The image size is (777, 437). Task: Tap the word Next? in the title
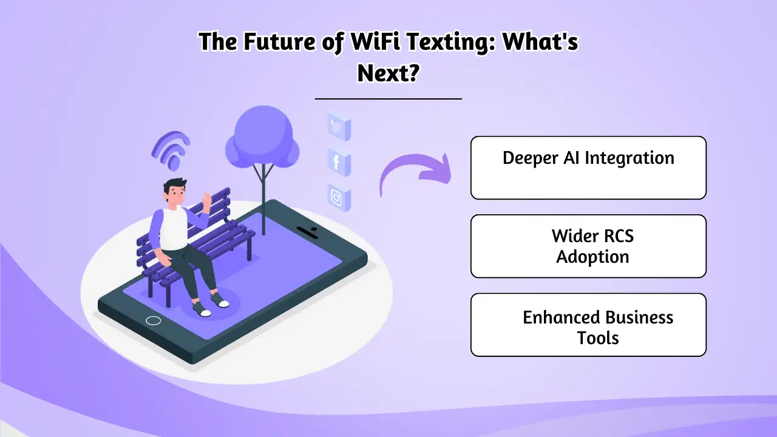coord(388,73)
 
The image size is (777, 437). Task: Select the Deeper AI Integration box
coord(588,168)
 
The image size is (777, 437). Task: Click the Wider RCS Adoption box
coord(588,246)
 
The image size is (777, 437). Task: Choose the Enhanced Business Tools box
coord(588,325)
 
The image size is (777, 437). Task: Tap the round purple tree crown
coord(262,136)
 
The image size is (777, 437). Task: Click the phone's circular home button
coord(154,320)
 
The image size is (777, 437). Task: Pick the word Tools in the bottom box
coord(598,337)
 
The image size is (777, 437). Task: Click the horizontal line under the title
coord(388,98)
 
